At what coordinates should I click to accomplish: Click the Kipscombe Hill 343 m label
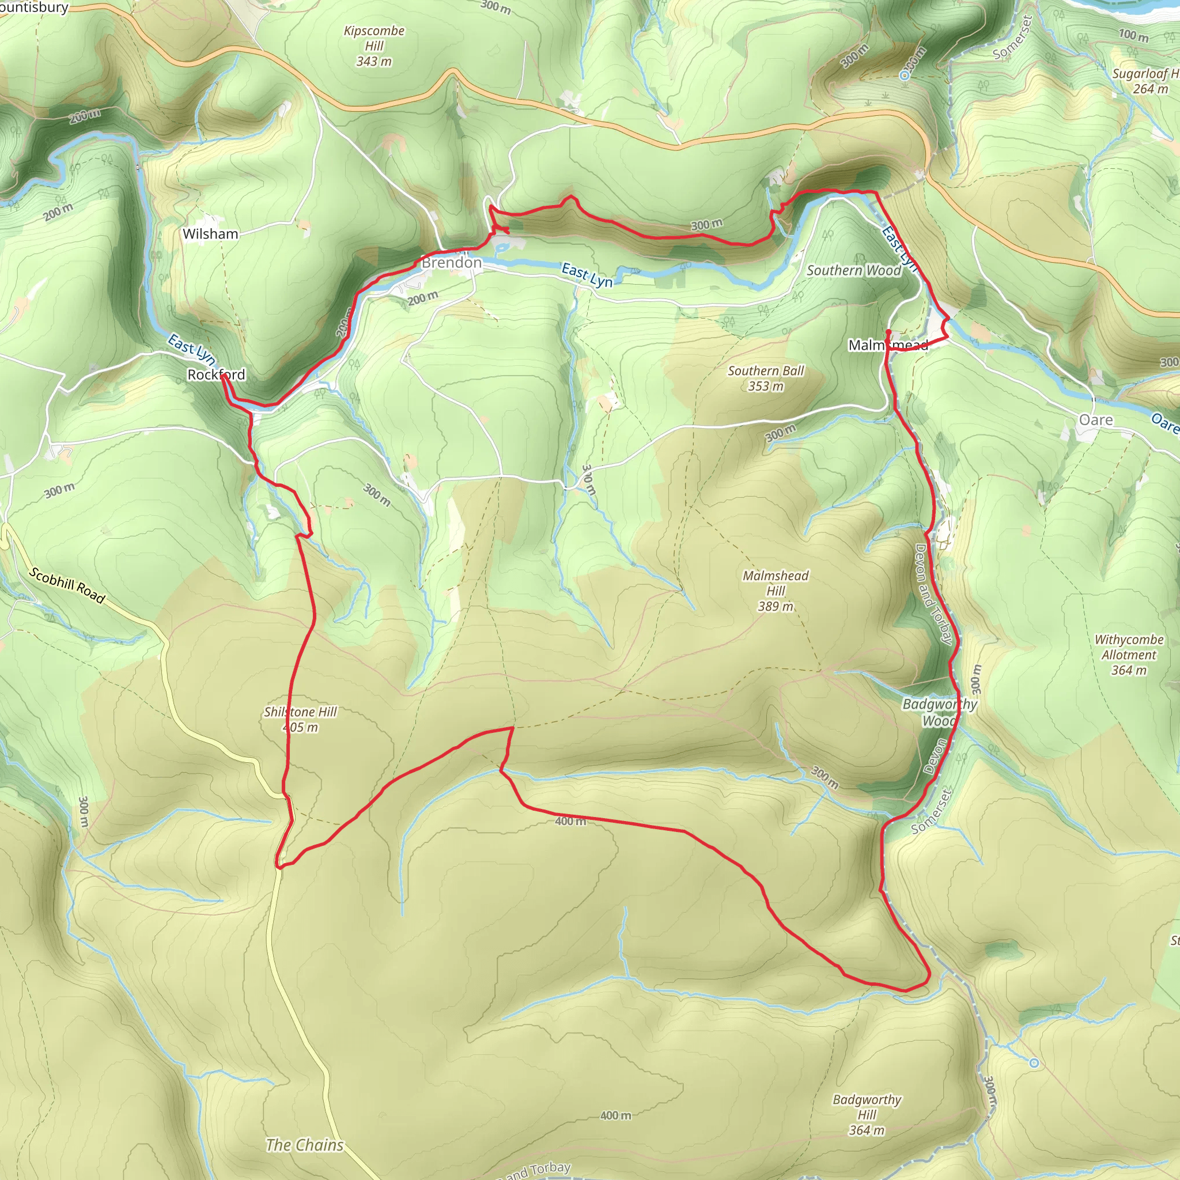[374, 46]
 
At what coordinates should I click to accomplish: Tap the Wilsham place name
[210, 234]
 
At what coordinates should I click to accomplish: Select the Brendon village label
[451, 263]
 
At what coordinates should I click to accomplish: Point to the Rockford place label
[216, 375]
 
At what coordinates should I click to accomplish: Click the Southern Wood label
[854, 271]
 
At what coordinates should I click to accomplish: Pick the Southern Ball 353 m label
[766, 378]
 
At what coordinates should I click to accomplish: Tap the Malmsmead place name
[888, 345]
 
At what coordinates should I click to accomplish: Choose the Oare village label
[1096, 420]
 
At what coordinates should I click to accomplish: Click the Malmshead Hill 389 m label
[776, 591]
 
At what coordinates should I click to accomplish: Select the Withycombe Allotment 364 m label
[1129, 655]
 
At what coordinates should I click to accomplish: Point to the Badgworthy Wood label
[939, 712]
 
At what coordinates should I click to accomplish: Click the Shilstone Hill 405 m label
[301, 719]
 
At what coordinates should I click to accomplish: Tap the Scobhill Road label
[67, 585]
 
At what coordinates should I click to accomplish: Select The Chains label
[305, 1145]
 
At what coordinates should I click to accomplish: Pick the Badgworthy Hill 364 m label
[867, 1115]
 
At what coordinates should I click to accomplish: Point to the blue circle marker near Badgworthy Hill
[1034, 1064]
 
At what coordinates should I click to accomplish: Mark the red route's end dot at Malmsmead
[888, 332]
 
